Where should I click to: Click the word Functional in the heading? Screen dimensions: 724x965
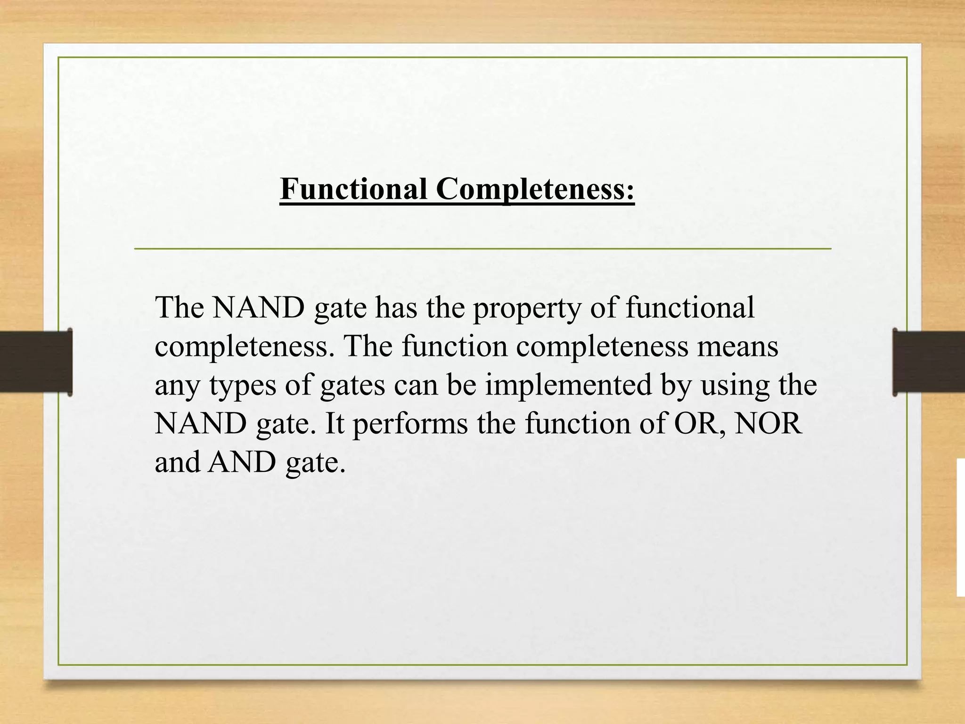[353, 189]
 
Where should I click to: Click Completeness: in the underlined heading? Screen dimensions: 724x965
[535, 189]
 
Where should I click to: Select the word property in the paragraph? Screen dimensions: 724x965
[527, 309]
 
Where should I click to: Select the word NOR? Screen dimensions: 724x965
[768, 423]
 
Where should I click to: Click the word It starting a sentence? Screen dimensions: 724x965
[335, 423]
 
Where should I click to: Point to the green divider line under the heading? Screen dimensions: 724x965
[482, 248]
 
